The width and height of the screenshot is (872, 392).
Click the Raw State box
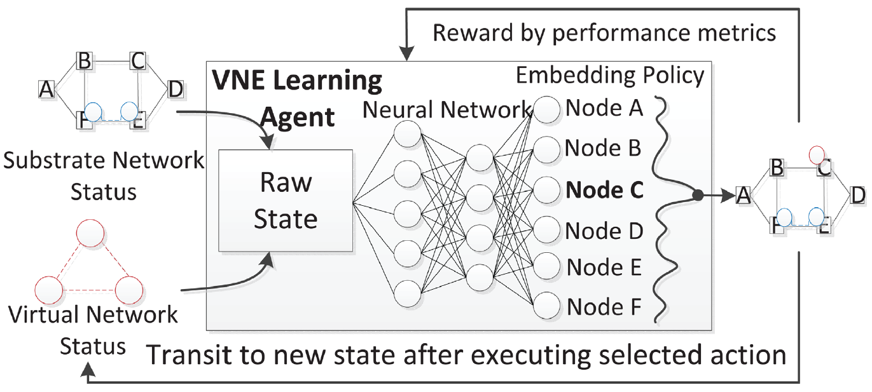(286, 201)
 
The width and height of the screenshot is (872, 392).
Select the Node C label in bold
(605, 189)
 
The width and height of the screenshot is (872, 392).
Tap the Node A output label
(604, 108)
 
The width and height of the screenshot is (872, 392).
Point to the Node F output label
(604, 307)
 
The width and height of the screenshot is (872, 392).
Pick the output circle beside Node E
(546, 267)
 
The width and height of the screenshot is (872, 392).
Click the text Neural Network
(447, 110)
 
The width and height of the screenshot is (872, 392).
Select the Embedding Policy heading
(609, 76)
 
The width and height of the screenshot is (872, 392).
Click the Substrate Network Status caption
(104, 175)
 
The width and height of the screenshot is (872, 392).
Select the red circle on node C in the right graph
(817, 154)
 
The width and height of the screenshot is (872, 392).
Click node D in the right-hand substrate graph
(857, 194)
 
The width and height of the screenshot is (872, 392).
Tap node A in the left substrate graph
(46, 90)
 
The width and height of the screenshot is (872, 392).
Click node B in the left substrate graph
(85, 62)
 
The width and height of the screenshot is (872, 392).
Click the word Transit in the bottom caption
(189, 354)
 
